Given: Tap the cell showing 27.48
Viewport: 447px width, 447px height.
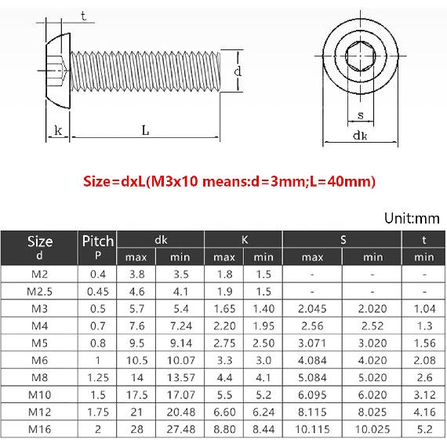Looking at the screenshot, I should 180,429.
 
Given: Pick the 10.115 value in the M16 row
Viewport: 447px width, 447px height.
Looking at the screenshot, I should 312,429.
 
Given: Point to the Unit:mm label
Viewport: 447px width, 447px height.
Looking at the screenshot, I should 412,218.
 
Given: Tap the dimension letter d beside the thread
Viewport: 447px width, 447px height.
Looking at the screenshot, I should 237,71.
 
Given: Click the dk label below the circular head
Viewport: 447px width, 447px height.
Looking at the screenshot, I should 359,136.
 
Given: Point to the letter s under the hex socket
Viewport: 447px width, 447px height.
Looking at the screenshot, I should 360,115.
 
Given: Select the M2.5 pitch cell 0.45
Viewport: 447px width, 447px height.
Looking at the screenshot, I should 98,292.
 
